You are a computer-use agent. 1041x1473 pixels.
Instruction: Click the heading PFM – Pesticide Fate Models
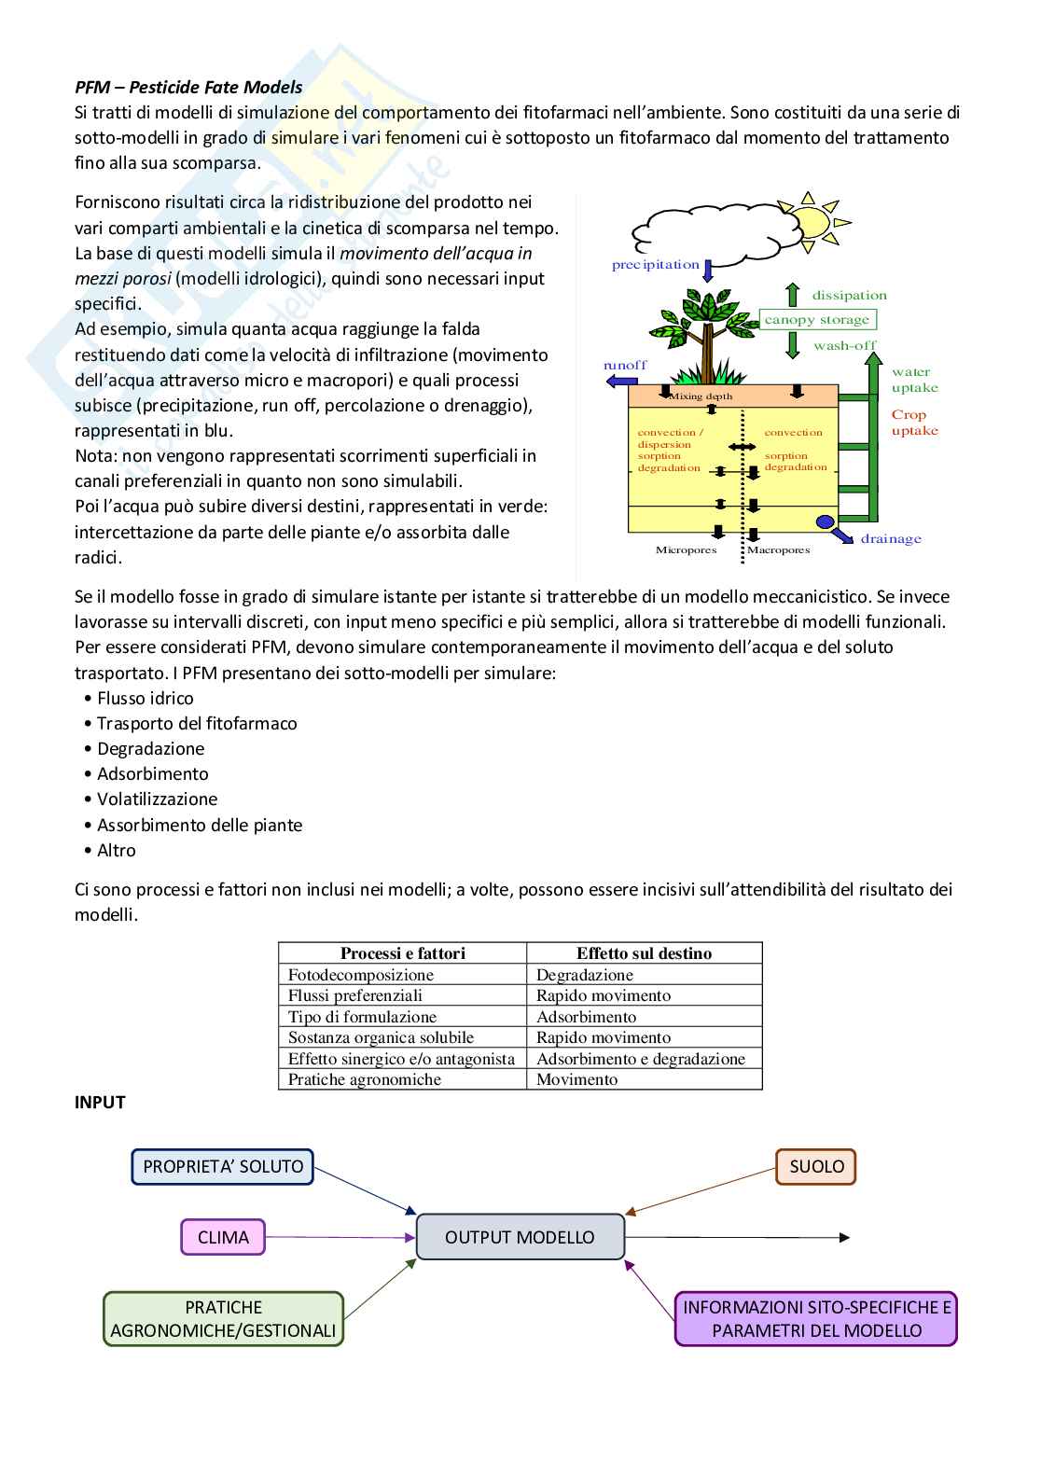point(188,88)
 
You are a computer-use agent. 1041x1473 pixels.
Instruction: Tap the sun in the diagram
point(811,222)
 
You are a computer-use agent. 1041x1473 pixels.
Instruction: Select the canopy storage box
point(817,320)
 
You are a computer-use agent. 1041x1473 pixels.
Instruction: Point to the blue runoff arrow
point(621,381)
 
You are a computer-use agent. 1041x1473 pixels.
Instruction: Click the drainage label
point(891,539)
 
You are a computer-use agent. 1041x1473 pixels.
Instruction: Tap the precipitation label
point(655,265)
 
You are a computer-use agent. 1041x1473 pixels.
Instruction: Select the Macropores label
point(778,550)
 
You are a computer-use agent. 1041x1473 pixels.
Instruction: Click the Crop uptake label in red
point(914,423)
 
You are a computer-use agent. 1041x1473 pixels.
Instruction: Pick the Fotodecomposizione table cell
point(361,975)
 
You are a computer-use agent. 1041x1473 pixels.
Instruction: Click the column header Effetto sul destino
point(644,953)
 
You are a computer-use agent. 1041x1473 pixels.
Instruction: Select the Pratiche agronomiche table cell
point(365,1079)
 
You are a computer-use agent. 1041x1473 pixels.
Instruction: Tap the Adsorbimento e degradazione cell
point(641,1059)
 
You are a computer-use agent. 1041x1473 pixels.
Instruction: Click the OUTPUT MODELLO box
point(520,1237)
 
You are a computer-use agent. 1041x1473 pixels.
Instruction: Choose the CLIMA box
point(223,1237)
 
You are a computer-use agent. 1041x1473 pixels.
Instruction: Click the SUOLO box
point(816,1166)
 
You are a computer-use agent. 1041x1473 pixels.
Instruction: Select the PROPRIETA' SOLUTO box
point(223,1166)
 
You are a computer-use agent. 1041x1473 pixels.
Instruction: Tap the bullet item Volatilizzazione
point(157,799)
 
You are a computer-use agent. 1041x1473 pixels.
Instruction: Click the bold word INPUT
point(100,1103)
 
